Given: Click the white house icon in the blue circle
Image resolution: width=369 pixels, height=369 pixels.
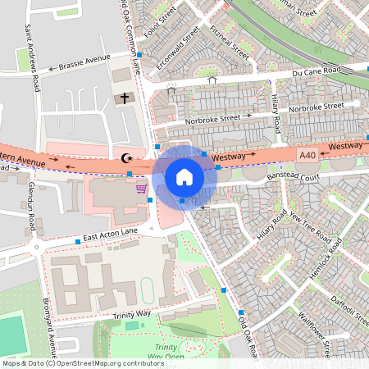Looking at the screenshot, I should click(184, 177).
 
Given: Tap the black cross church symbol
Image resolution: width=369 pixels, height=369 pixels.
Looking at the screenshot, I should click(125, 99).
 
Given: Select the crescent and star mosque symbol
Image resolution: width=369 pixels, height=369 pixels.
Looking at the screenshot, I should click(126, 157).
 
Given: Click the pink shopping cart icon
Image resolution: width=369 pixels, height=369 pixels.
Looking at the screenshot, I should click(141, 188).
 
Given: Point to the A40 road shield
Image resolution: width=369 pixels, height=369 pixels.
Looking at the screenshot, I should click(307, 153).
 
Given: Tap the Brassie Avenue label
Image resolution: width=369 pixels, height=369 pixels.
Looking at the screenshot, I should click(84, 63).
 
